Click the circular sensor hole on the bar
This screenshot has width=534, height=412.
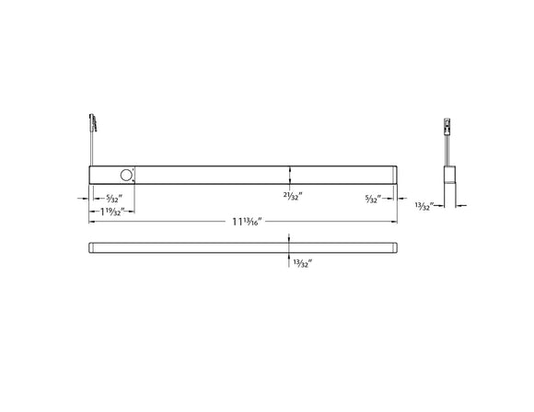[x=123, y=174]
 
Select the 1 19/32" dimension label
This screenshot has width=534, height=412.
[x=111, y=211]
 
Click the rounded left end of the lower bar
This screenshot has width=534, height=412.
[x=91, y=246]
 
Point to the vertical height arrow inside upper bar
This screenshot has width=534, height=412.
[x=290, y=174]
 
